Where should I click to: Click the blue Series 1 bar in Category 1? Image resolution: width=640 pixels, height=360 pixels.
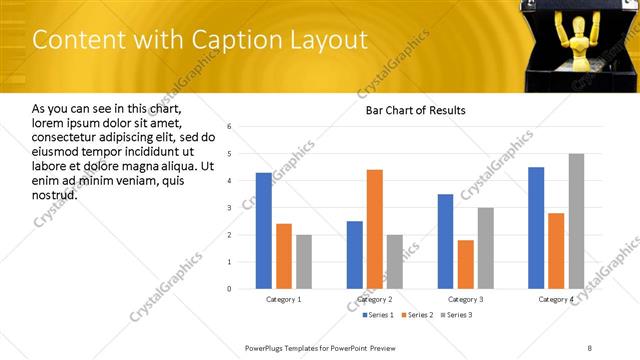pyautogui.click(x=263, y=231)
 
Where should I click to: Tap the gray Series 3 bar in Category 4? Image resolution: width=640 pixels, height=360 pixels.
pyautogui.click(x=577, y=221)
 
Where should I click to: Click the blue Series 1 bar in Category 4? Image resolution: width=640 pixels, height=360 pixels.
pyautogui.click(x=536, y=228)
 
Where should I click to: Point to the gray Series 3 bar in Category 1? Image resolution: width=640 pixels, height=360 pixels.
pyautogui.click(x=303, y=262)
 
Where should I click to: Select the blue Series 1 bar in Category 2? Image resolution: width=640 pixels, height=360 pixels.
pyautogui.click(x=355, y=255)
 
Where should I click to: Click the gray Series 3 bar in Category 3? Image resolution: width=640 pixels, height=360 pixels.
pyautogui.click(x=485, y=248)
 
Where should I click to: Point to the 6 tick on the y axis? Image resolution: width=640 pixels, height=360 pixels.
pyautogui.click(x=229, y=127)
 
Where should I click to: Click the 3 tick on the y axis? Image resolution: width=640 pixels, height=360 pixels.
pyautogui.click(x=229, y=208)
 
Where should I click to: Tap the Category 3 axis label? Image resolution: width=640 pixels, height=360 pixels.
pyautogui.click(x=465, y=299)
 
